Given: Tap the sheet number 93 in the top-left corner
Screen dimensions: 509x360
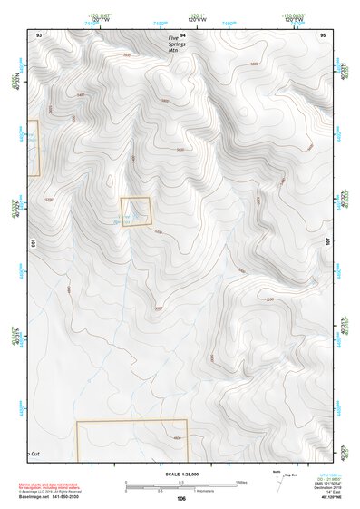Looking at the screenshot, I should (x=39, y=34).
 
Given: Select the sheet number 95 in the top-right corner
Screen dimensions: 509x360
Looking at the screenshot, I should (x=323, y=34).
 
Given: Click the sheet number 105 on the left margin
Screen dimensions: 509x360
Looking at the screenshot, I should (x=31, y=242).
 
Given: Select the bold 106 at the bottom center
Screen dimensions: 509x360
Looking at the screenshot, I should (x=181, y=499).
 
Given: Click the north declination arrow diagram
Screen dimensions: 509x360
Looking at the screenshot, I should (x=277, y=483).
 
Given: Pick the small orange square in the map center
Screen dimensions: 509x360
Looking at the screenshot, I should (x=135, y=210).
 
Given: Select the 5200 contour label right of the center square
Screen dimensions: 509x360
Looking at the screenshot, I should (x=160, y=232).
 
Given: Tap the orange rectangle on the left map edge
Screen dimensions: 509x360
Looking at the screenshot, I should (x=34, y=148).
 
